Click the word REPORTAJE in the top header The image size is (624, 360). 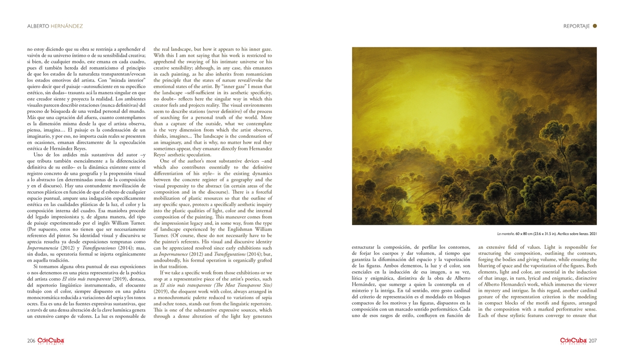[576, 26]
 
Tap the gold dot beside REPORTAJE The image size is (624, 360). [595, 25]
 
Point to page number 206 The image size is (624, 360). [31, 341]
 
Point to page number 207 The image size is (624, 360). [593, 341]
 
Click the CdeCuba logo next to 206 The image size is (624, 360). [51, 341]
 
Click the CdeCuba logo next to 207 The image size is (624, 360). [573, 341]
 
